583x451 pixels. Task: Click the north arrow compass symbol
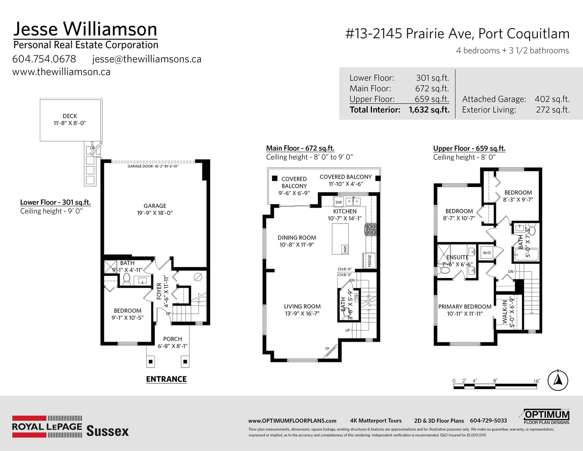coord(557,380)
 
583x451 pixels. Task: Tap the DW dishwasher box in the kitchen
coord(339,202)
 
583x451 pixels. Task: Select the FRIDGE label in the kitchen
coord(370,261)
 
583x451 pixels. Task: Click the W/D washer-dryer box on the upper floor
coord(487,253)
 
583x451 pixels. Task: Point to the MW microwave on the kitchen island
coord(345,249)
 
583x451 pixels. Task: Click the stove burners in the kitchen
coord(370,230)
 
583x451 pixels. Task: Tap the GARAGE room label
coord(155,206)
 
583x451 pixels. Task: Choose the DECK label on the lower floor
coord(70,116)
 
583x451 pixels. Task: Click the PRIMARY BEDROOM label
coord(465,307)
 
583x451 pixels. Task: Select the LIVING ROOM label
coord(302,306)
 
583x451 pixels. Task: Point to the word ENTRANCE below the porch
coord(167,379)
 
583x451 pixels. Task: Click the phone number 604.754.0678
coord(44,59)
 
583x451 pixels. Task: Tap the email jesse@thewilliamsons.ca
coord(147,59)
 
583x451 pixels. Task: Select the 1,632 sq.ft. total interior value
coord(429,110)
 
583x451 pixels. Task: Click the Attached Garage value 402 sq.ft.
coord(552,99)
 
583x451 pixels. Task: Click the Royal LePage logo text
coord(47,427)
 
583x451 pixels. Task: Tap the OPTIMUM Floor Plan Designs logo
coord(546,417)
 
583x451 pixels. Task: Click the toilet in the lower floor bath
coord(126,279)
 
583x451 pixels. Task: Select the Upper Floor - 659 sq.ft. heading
coord(469,148)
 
